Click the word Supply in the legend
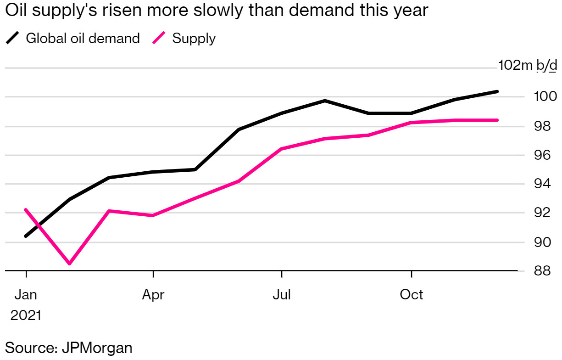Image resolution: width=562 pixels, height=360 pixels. pos(194,39)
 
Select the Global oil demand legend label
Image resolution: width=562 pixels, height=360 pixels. pos(83,38)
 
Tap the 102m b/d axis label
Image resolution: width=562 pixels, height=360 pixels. pos(528,66)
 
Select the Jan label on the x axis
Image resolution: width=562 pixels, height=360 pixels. pos(26,295)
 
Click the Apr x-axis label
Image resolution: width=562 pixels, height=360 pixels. pos(153,295)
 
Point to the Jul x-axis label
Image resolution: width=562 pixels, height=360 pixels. pos(281,295)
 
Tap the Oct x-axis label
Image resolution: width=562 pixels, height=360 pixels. pos(412,295)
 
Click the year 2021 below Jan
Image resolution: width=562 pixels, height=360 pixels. pos(26,316)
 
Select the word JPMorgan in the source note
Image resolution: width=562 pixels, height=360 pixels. pos(96,348)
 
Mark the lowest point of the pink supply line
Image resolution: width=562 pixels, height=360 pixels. pos(69,264)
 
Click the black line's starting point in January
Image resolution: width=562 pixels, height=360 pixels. pos(26,236)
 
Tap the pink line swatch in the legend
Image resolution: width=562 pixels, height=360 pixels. pos(158,39)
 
